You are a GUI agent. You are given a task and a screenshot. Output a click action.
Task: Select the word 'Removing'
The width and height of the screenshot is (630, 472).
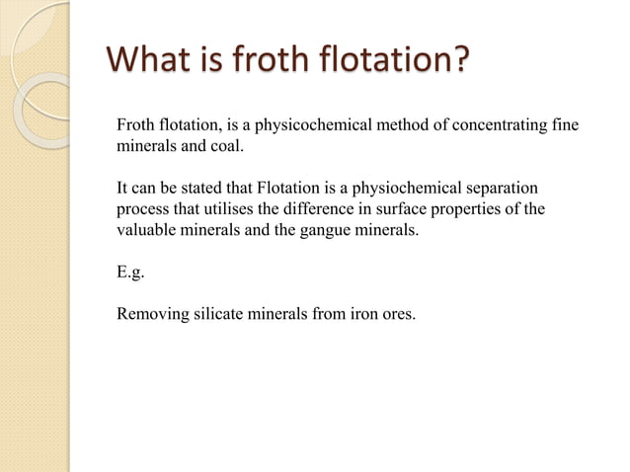tap(149, 316)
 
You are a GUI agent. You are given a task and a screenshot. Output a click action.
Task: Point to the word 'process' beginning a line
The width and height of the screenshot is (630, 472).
tap(143, 209)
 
